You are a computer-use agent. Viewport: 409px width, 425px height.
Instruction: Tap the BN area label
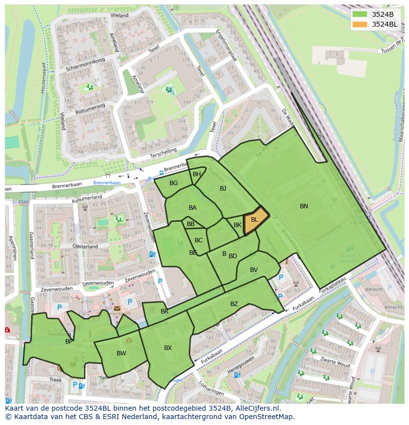(304, 206)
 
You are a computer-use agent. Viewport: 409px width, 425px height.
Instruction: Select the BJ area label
(223, 188)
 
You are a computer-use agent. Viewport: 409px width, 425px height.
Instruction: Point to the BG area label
(173, 183)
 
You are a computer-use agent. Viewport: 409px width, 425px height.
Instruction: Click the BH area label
(197, 174)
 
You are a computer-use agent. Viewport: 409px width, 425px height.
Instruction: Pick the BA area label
(193, 208)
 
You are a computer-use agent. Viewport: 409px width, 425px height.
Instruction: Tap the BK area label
(238, 225)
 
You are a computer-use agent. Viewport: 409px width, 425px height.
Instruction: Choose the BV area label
(254, 270)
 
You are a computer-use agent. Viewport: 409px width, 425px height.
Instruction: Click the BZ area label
(234, 304)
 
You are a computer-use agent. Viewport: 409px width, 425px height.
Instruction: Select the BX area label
(168, 348)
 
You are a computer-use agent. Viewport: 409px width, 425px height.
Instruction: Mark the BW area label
(122, 353)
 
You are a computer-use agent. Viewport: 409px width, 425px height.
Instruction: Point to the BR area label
(164, 311)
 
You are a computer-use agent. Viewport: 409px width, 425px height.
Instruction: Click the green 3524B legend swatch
(360, 14)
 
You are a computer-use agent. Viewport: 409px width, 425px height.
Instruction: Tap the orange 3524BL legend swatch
(360, 24)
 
